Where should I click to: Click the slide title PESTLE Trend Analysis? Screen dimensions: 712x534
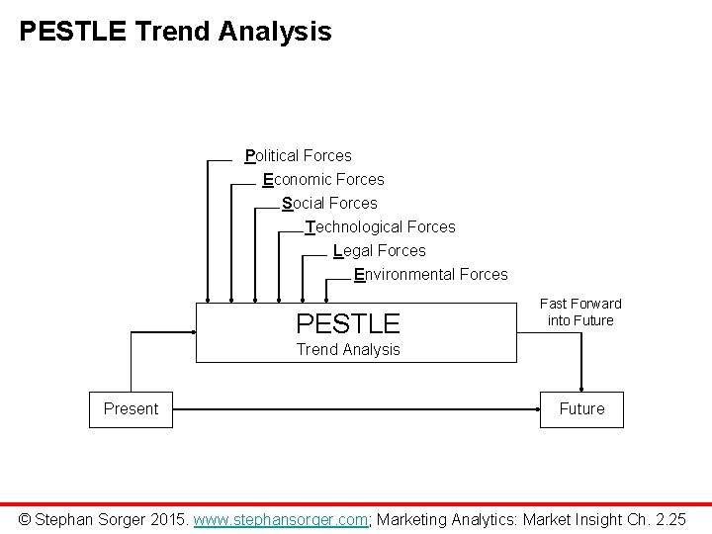coord(175,32)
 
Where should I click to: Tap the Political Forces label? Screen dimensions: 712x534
coord(299,155)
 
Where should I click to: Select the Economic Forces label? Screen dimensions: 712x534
coord(323,179)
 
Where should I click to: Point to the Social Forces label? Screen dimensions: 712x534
coord(329,203)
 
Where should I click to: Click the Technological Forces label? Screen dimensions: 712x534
coord(381,226)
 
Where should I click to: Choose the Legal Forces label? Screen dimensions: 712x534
coord(380,250)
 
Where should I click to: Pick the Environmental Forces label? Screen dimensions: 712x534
coord(431,274)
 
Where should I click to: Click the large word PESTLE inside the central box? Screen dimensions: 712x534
coord(348,322)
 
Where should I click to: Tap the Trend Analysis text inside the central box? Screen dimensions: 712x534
coord(349,349)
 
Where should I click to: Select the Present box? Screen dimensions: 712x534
coord(131,408)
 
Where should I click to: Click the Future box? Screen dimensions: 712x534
coord(581,408)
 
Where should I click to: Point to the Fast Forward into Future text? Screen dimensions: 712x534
coord(580,311)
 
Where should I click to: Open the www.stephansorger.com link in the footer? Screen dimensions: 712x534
coord(281,518)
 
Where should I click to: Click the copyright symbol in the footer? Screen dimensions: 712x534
coord(27,518)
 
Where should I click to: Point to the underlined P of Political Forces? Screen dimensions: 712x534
coord(250,155)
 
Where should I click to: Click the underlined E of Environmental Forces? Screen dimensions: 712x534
coord(359,274)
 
